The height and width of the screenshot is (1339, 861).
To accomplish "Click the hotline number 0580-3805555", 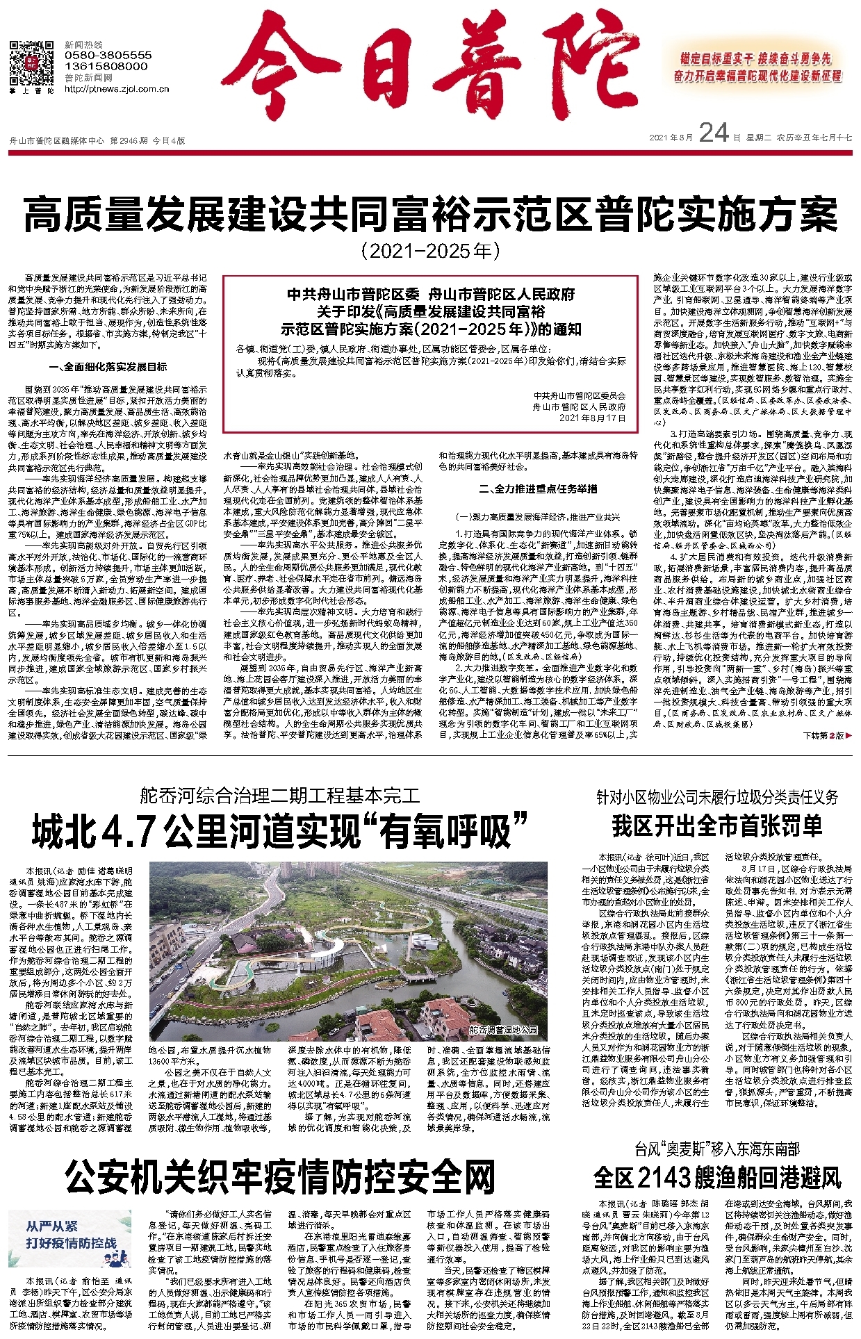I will click(x=108, y=55).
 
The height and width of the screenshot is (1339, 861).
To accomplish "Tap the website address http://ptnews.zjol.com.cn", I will click(x=117, y=89).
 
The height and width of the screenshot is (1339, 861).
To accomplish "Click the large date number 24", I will click(x=714, y=133).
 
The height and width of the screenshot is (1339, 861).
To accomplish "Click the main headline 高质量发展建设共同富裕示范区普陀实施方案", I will click(x=430, y=215).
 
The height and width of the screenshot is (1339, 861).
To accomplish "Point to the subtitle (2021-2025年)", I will click(x=430, y=251).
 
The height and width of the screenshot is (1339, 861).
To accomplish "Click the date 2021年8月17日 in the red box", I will click(x=592, y=418).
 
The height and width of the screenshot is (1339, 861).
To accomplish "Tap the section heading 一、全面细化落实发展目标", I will click(x=108, y=367).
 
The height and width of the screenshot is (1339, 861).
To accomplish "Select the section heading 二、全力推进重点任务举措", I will click(x=538, y=489).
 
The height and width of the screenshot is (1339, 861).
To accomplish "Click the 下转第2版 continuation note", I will click(x=826, y=735).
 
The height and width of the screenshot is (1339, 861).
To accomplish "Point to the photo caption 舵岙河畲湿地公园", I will click(x=503, y=1030).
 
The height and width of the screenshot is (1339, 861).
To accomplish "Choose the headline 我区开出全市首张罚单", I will click(x=716, y=825).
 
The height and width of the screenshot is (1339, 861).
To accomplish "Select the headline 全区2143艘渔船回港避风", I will click(x=717, y=1177).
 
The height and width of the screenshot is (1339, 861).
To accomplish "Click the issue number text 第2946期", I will click(x=129, y=140).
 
